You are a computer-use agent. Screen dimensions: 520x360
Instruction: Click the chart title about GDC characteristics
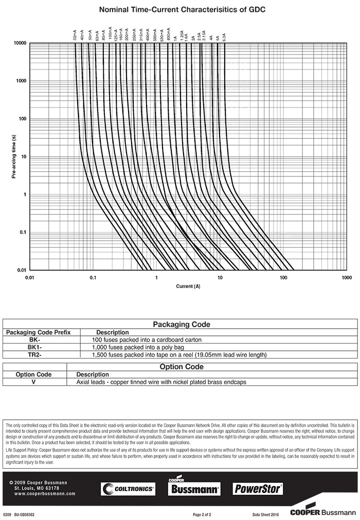[182, 10]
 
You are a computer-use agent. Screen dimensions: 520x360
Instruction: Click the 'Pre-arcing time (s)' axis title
[14, 156]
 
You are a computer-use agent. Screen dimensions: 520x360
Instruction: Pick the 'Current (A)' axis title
[188, 286]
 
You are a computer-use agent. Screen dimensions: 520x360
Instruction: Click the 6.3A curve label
[224, 36]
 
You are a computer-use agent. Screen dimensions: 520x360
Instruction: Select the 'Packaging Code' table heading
[182, 325]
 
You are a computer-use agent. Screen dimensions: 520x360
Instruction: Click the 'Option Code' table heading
[182, 367]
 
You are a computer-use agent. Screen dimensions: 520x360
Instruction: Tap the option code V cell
[33, 382]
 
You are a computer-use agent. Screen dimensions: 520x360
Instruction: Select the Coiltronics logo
[128, 489]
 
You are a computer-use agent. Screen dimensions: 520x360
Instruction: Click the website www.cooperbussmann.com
[45, 494]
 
